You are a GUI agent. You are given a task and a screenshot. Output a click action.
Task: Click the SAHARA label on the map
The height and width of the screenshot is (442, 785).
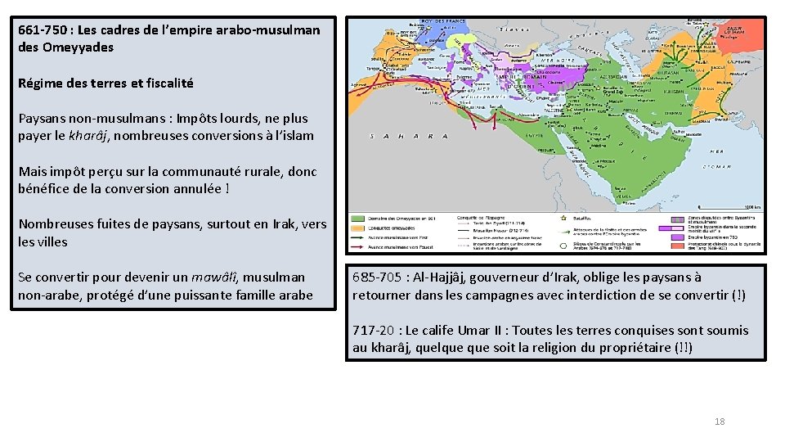coord(409,137)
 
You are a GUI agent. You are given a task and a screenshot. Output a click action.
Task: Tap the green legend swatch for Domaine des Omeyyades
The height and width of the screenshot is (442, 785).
coord(361,219)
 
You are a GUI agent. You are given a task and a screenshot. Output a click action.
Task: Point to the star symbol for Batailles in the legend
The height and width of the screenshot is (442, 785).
coord(563,219)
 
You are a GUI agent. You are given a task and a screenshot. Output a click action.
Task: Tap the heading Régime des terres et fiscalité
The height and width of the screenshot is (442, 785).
coord(105,83)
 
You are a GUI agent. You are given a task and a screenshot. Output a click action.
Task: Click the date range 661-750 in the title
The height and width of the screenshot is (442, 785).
coord(43,29)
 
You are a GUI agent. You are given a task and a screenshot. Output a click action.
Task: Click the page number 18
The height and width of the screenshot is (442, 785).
coord(720,422)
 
